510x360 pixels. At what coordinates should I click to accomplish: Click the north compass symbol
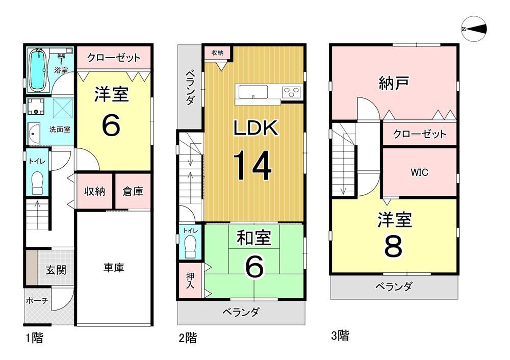pyautogui.click(x=474, y=29)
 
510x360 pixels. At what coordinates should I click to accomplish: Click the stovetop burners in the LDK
pyautogui.click(x=291, y=92)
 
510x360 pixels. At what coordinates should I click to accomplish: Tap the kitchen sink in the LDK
pyautogui.click(x=253, y=92)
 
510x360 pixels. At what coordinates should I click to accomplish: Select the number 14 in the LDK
pyautogui.click(x=252, y=165)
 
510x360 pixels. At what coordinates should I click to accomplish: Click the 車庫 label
pyautogui.click(x=114, y=268)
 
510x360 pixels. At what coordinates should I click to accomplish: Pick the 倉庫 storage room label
pyautogui.click(x=133, y=191)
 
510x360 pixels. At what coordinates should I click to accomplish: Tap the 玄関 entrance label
pyautogui.click(x=56, y=270)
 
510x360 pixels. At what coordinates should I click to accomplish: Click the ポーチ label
pyautogui.click(x=37, y=300)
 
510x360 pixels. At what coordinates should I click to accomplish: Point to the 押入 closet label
pyautogui.click(x=190, y=280)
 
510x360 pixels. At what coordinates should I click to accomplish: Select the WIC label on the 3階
pyautogui.click(x=419, y=172)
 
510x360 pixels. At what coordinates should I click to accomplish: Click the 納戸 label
pyautogui.click(x=394, y=83)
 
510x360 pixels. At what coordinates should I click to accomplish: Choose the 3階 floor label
pyautogui.click(x=340, y=336)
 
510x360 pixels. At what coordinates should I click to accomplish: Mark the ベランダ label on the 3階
pyautogui.click(x=394, y=287)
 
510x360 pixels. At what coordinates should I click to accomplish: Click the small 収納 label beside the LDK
pyautogui.click(x=217, y=53)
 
